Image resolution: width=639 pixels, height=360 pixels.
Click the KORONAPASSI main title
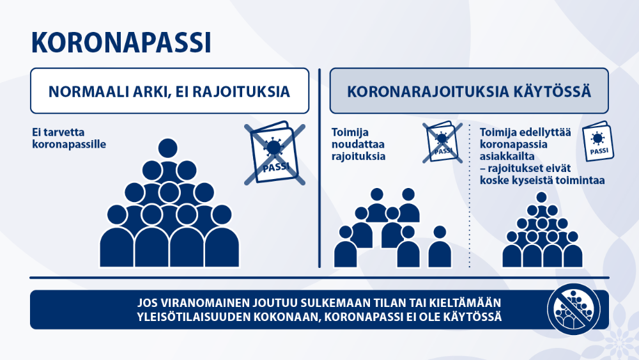tap(121, 42)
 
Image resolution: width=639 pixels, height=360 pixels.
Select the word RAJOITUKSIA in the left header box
tap(241, 91)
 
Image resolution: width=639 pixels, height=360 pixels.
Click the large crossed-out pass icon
tap(275, 153)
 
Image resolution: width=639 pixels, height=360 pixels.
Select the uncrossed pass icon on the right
tap(598, 141)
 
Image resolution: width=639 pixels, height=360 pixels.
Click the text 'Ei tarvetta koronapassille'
tap(69, 138)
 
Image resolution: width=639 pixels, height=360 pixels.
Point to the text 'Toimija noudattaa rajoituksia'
tap(358, 145)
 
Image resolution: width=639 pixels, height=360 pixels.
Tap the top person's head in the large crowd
tap(168, 148)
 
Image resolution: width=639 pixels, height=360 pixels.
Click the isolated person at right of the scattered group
tap(440, 247)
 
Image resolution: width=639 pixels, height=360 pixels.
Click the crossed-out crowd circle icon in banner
tap(574, 309)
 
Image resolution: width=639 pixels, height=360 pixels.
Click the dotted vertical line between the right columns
tap(470, 196)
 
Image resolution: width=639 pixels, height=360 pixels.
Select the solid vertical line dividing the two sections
tap(319, 168)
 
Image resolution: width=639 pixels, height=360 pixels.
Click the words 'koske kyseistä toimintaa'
tap(542, 180)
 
